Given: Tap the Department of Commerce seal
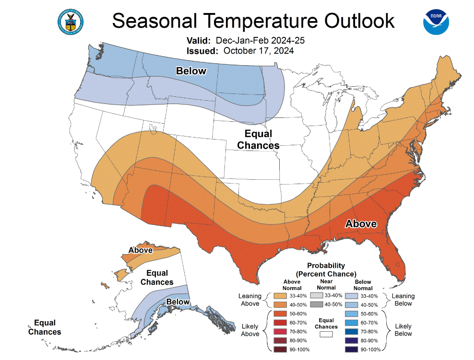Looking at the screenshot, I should [70, 22].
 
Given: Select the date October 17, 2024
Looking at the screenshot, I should [259, 50].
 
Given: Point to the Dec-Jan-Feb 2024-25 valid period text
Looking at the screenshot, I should [260, 40].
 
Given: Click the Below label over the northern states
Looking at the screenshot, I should [191, 71].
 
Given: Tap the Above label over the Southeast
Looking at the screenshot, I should [361, 224].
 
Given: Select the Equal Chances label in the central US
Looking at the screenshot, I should [258, 139].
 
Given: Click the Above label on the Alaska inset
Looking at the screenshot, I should [141, 250].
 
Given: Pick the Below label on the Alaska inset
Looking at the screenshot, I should [178, 302].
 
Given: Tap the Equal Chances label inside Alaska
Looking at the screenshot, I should [157, 278].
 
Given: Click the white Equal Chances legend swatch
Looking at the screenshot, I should [326, 335].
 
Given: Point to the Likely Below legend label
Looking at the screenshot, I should [403, 330].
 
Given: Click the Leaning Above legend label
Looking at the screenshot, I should [250, 300].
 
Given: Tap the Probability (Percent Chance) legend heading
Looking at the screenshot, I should [326, 269].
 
